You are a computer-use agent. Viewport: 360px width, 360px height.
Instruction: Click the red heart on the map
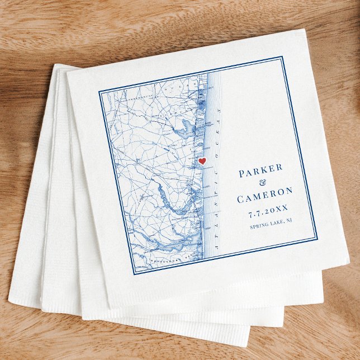point(202,161)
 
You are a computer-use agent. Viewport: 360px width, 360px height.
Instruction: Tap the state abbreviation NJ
point(290,221)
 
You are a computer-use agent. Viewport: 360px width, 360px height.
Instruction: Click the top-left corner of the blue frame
point(100,92)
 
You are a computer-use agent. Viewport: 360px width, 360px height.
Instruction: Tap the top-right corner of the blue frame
point(282,56)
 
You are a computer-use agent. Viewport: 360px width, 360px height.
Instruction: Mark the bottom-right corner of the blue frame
point(317,238)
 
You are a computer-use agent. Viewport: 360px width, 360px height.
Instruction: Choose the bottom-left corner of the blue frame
point(134,274)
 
